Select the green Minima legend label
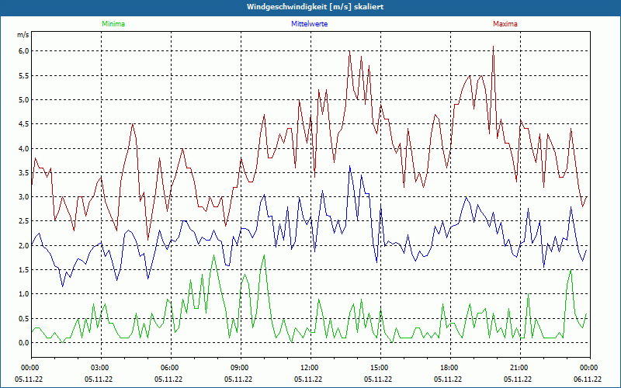113,24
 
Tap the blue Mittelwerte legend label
309,24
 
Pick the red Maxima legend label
505,24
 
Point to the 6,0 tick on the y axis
23,51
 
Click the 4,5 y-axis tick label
23,124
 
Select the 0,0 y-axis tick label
23,343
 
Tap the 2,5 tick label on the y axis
23,221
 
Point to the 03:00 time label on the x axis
99,368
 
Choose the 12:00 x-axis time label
309,368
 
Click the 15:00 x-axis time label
379,368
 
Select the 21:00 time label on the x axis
519,368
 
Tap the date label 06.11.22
588,379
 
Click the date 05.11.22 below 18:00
449,379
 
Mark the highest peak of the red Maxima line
493,47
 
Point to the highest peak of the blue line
350,165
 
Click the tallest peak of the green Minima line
213,255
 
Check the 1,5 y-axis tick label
23,270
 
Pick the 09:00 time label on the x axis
239,368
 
